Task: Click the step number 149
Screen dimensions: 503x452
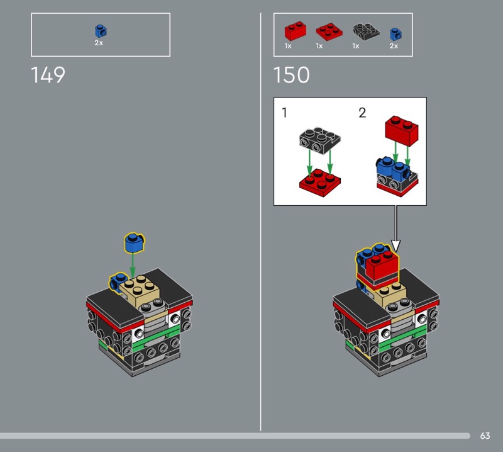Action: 48,76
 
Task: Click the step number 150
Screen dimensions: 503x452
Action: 291,76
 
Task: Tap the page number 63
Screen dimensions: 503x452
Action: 485,436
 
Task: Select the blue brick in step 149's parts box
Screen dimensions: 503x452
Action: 99,30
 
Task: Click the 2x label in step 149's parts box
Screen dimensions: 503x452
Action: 99,43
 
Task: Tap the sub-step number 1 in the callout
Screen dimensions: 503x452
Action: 285,113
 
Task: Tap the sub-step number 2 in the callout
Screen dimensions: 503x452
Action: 362,113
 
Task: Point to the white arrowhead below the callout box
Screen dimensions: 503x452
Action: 396,245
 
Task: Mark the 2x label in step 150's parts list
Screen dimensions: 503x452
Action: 394,46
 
